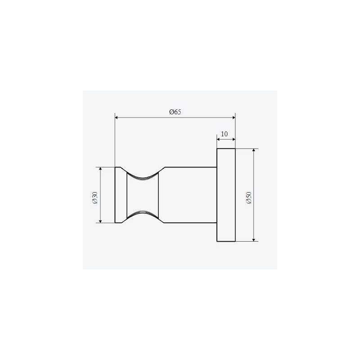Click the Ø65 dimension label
click(175, 112)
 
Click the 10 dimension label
click(224, 134)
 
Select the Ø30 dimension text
click(95, 198)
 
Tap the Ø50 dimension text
click(249, 198)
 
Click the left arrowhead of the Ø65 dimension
click(116, 117)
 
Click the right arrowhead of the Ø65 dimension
click(234, 117)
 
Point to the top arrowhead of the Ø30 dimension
click(100, 169)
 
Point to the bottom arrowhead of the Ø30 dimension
click(100, 221)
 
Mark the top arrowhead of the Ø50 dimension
click(254, 150)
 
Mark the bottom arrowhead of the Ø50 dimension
click(254, 240)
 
